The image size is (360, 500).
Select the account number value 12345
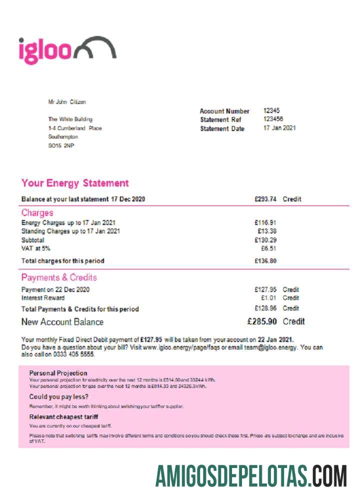271,110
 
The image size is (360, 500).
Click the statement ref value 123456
273,119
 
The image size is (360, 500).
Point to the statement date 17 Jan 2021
279,128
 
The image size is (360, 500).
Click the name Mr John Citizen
67,102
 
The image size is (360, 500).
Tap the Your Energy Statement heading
75,183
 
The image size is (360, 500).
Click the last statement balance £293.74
265,199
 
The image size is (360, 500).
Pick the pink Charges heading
37,213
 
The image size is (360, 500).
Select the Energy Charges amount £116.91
265,222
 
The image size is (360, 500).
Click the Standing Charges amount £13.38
267,231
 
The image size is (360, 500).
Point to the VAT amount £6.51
268,248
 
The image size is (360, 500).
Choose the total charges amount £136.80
265,260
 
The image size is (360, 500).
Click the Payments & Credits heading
59,277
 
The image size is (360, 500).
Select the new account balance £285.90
263,321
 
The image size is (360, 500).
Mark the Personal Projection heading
58,373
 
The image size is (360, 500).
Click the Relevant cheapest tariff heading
63,416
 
